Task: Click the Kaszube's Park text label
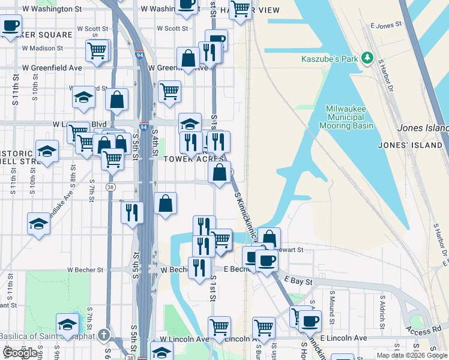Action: pos(330,59)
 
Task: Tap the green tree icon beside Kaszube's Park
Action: pos(366,58)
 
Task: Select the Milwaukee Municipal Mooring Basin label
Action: pos(350,117)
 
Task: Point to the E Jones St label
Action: pos(385,26)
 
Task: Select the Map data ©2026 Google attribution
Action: pos(412,355)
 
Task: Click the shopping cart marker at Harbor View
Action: pos(240,9)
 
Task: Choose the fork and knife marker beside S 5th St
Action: pos(132,212)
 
